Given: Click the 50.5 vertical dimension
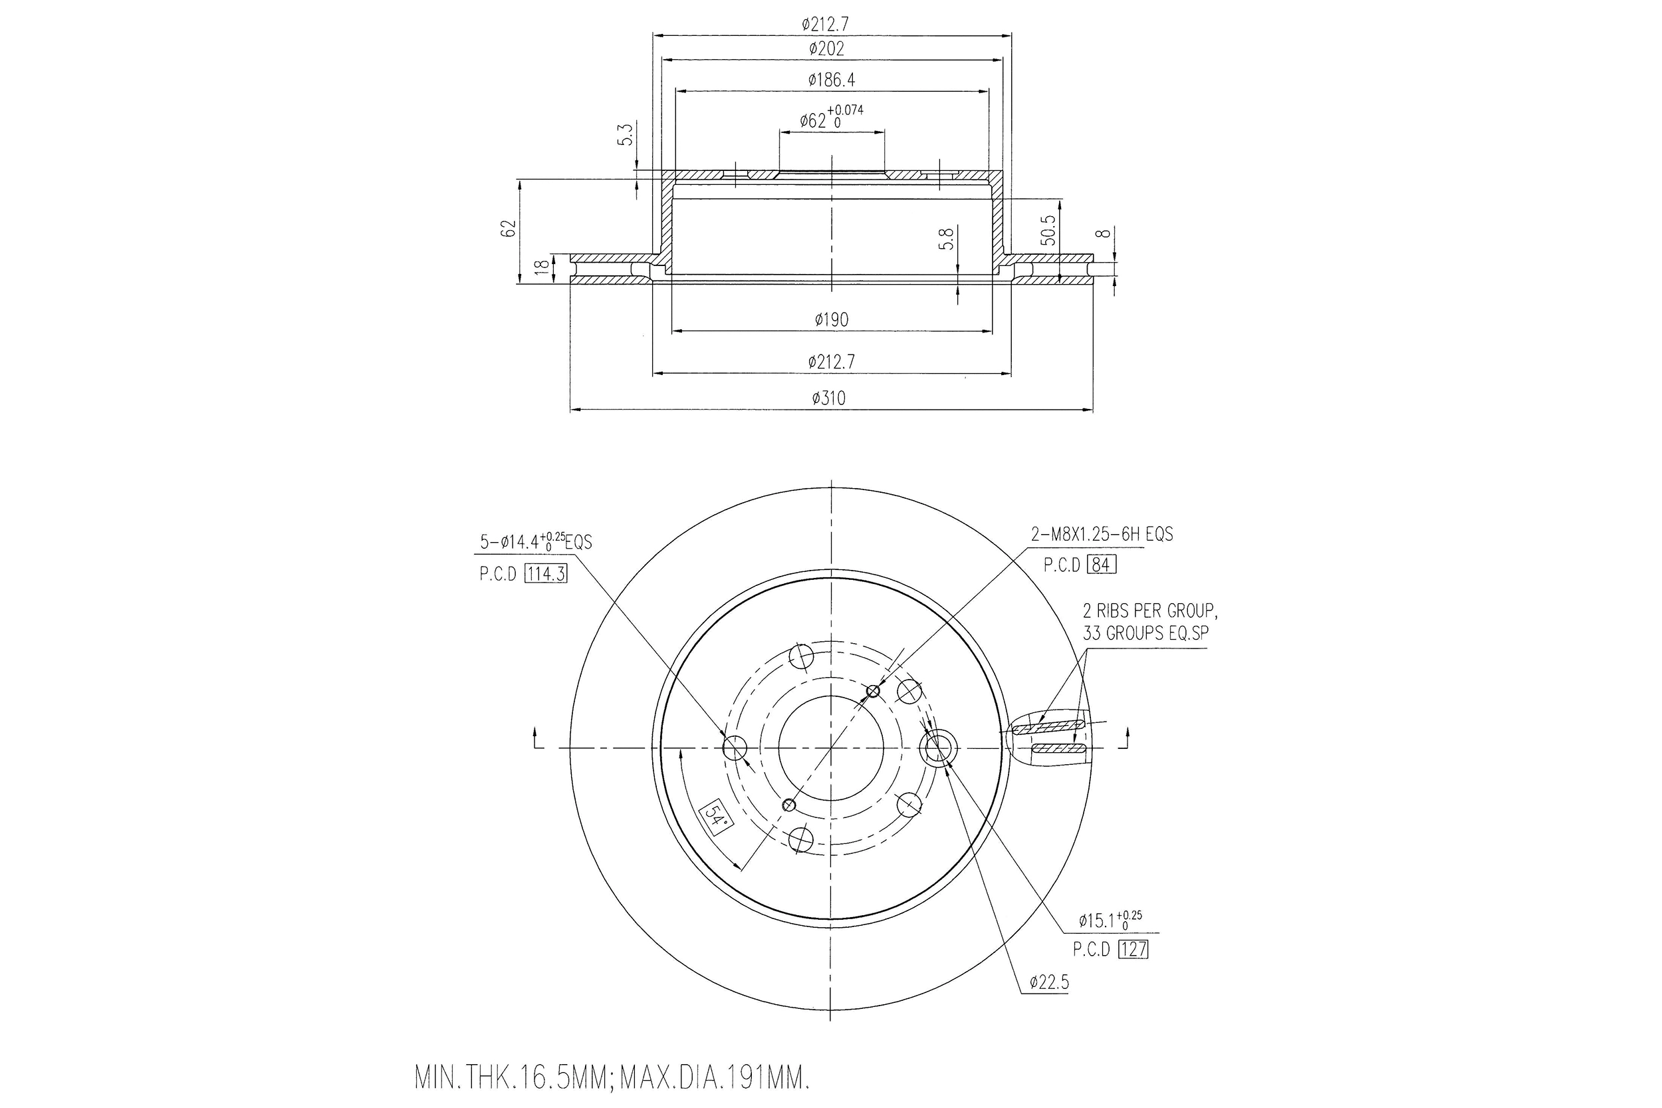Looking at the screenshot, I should (1049, 229).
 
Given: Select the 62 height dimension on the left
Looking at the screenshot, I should (508, 228).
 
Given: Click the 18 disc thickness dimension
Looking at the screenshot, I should (542, 268).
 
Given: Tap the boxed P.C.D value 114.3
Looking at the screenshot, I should (546, 574).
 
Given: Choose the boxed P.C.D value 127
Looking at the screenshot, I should (1133, 950).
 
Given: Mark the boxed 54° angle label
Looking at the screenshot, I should (716, 819).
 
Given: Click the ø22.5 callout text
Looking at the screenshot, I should (1049, 982).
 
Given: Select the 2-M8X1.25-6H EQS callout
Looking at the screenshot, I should (1101, 535).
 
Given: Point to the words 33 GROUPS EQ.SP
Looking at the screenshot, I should (1145, 633).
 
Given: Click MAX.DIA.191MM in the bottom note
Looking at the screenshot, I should (714, 1079).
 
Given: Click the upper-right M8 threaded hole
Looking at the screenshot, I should (874, 690).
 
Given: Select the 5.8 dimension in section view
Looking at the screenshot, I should (947, 238).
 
